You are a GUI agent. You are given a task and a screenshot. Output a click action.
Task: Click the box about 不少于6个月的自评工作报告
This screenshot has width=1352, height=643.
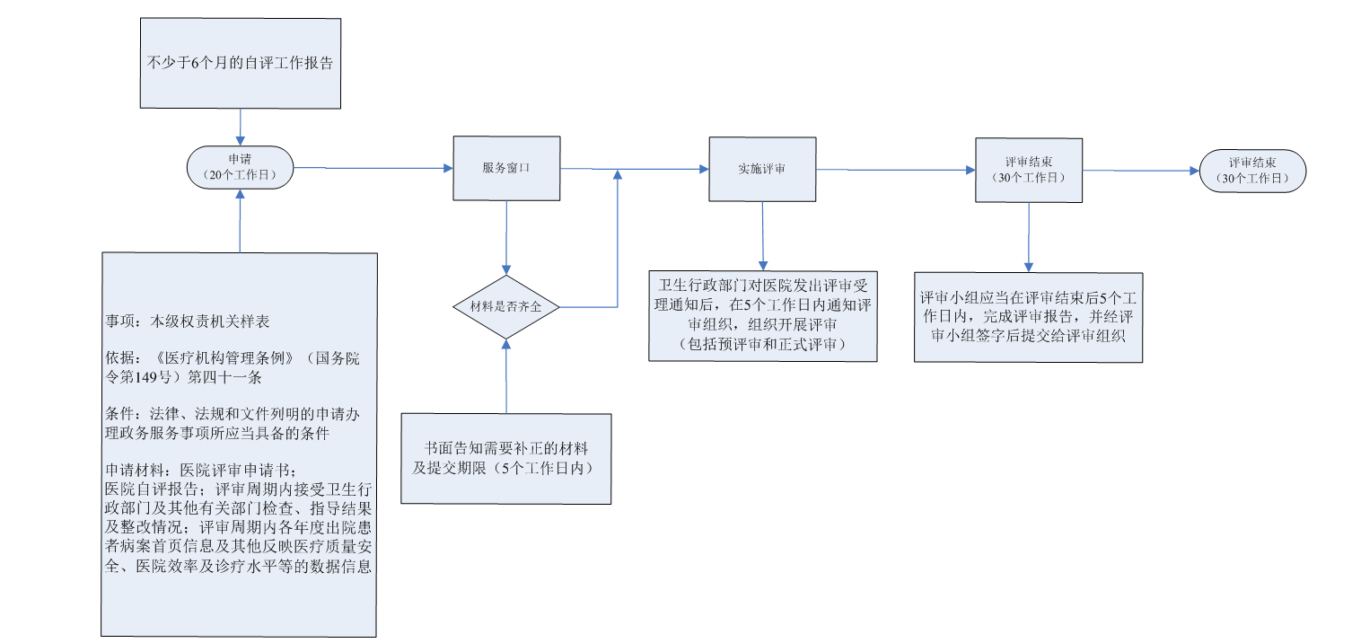pos(240,63)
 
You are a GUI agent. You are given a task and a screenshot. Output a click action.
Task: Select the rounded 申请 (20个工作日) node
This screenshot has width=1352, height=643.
pos(240,168)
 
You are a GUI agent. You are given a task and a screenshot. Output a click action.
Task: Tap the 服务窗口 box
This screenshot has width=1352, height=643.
pos(506,168)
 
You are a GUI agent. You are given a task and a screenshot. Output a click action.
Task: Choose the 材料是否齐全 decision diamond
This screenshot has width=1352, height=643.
pos(506,306)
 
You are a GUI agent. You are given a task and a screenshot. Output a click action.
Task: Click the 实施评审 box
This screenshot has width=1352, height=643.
pos(762,169)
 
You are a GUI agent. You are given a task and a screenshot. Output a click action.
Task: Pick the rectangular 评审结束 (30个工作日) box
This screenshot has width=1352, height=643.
pos(1029,170)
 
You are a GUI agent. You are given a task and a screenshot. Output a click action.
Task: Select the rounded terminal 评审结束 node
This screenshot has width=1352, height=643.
pos(1253,170)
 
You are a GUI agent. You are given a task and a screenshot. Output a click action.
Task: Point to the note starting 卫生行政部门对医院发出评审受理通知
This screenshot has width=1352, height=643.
pos(762,315)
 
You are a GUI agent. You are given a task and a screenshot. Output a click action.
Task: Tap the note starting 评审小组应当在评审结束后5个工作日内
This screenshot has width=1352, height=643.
pos(1029,317)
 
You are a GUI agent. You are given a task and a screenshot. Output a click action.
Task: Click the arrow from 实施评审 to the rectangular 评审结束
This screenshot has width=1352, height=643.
pos(895,170)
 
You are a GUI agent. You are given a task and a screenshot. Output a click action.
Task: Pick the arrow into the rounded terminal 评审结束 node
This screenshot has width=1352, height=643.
pos(1140,171)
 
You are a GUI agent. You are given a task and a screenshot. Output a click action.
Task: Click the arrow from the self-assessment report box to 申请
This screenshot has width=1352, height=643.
pos(240,125)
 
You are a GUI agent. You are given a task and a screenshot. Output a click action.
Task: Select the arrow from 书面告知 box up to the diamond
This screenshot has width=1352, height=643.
pos(506,377)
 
